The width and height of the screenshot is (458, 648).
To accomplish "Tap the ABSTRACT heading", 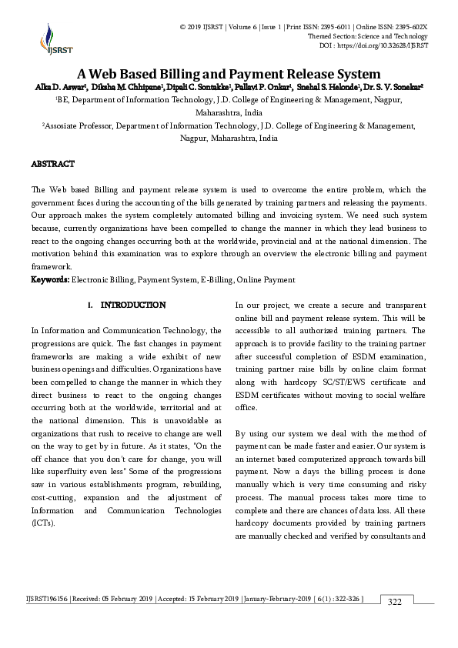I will [52, 164].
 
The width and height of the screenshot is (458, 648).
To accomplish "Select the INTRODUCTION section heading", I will [132, 306].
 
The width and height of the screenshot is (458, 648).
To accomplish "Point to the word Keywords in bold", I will [49, 279].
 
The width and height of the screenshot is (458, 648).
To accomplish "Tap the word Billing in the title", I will [180, 74].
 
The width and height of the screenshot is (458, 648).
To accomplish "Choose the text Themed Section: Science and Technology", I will [367, 36].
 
